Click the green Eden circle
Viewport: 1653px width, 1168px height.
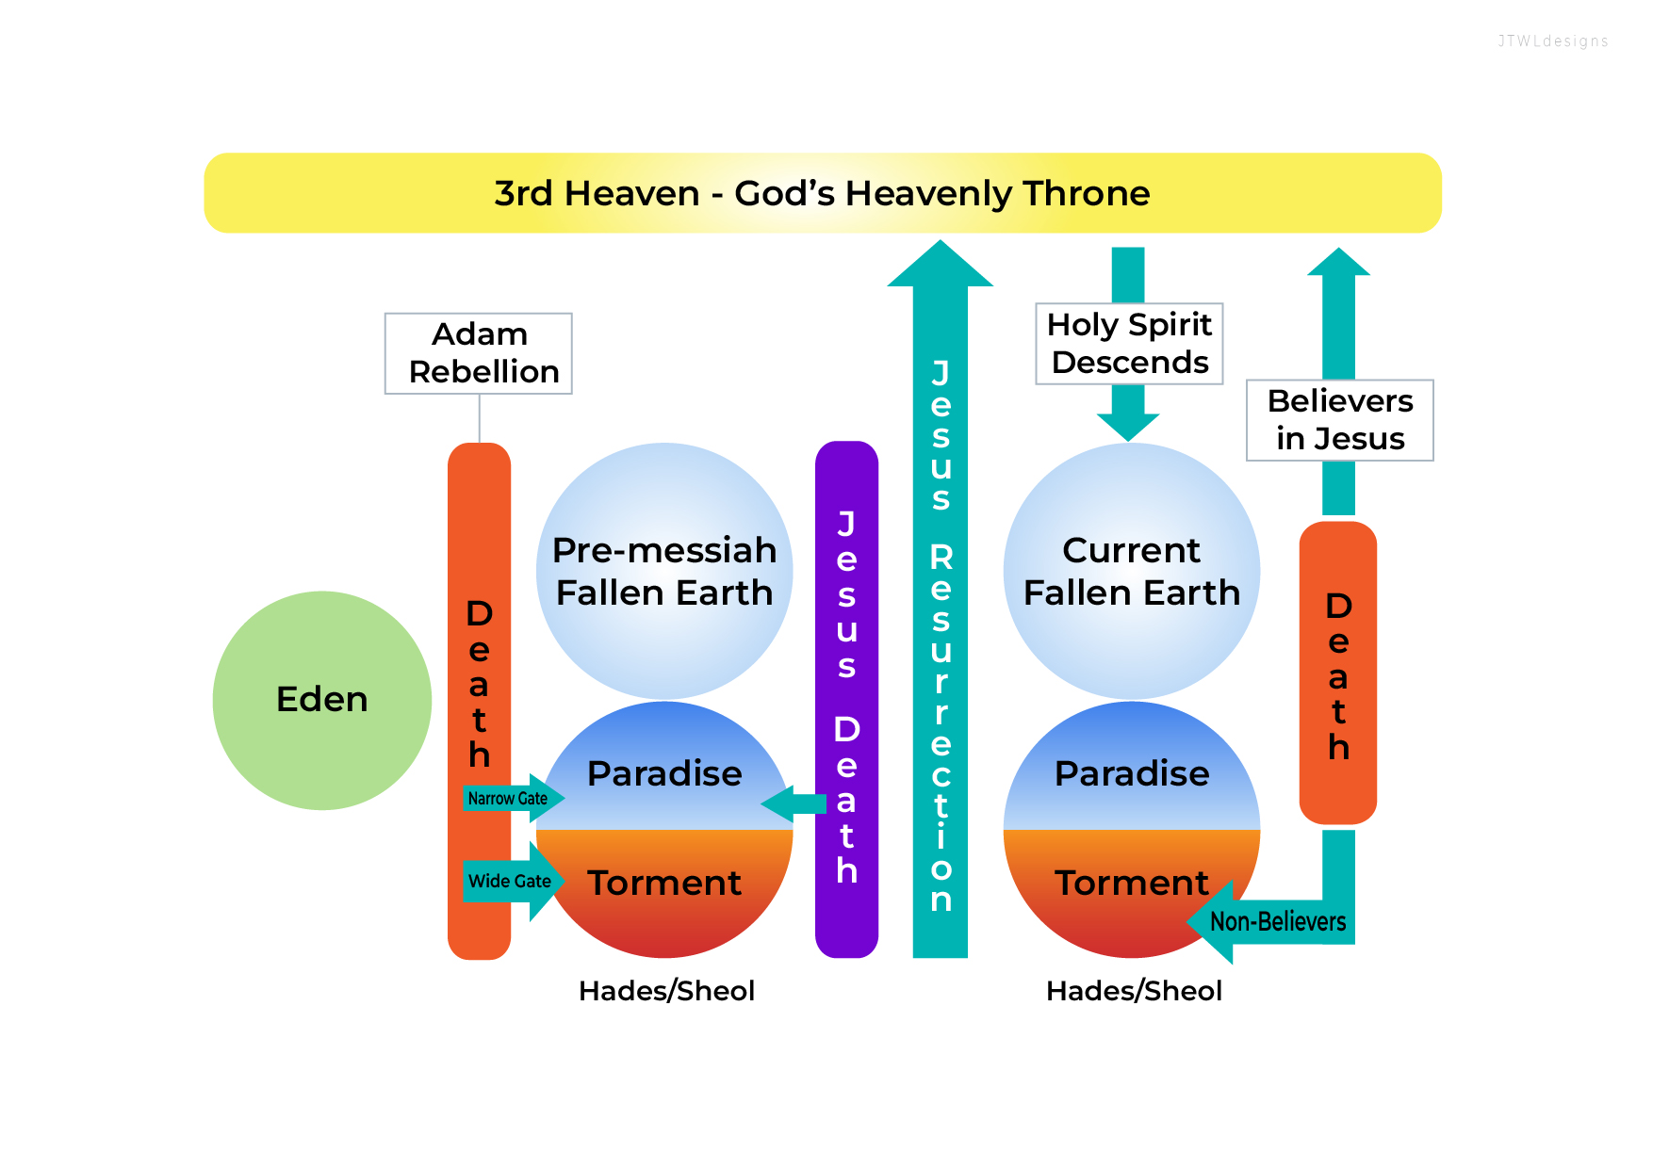(322, 700)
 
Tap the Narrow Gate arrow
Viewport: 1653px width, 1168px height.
(510, 799)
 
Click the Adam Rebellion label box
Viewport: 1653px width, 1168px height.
(479, 353)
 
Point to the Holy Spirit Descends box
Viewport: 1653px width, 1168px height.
(1129, 344)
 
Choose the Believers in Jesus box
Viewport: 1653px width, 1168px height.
(1339, 420)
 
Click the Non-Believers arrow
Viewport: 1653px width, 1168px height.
(1277, 921)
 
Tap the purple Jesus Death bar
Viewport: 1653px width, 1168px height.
(846, 699)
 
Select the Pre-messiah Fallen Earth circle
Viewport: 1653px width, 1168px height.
(664, 571)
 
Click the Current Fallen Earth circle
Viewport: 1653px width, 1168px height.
(1131, 571)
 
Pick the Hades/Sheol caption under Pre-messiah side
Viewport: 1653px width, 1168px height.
(666, 991)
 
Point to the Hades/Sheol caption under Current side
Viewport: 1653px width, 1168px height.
(1134, 991)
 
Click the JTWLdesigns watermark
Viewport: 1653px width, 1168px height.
(1553, 41)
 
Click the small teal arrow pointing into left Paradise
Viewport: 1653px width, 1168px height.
(792, 803)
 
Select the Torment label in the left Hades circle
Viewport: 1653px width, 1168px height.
(664, 884)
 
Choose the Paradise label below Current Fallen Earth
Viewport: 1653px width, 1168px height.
(1132, 773)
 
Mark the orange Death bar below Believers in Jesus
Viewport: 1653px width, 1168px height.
(1338, 673)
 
